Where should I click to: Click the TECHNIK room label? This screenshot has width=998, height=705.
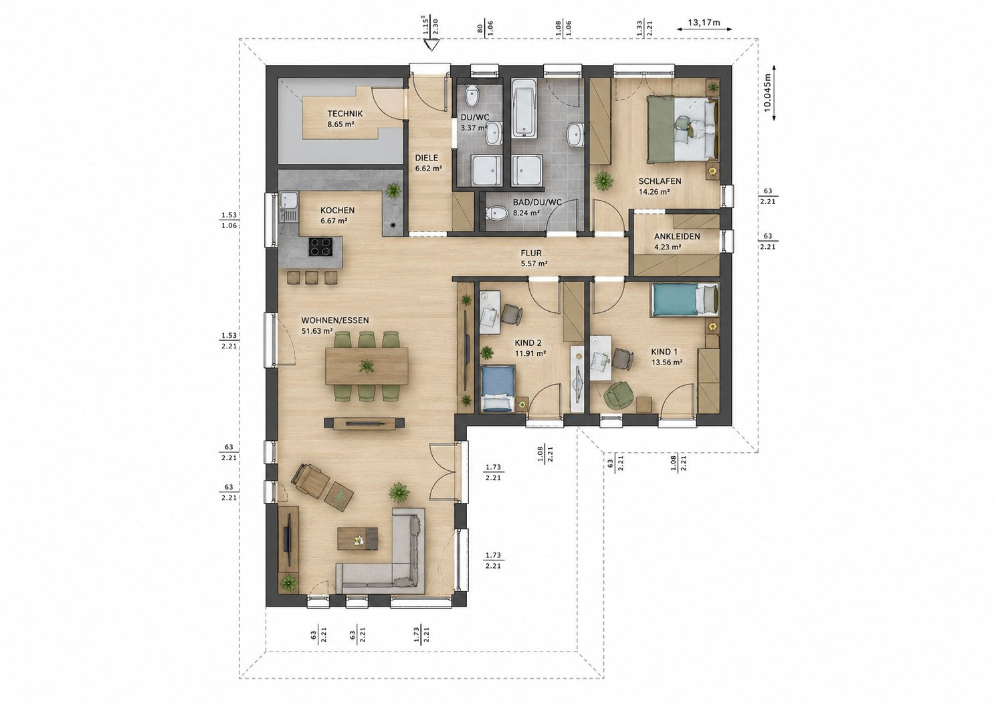click(345, 114)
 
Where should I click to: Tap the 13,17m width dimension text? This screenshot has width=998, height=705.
click(704, 23)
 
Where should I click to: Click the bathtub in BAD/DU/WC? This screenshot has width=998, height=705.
click(524, 108)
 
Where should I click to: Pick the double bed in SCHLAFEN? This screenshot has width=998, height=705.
click(683, 128)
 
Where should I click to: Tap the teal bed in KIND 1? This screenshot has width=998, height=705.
click(685, 300)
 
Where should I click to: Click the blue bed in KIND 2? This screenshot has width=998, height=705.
click(498, 388)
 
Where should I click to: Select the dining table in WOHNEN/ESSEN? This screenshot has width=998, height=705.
click(367, 366)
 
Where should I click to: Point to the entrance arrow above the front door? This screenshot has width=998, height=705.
click(431, 45)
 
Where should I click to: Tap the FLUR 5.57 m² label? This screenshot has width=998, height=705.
click(534, 258)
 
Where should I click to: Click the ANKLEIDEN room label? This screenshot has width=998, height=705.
click(677, 236)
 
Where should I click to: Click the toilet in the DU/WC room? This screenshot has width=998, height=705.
click(472, 96)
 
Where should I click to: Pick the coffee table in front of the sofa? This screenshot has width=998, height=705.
click(358, 538)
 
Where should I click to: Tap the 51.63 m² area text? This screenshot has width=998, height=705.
click(317, 331)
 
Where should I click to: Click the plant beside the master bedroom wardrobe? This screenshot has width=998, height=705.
click(603, 181)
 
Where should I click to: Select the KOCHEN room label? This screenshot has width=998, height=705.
click(337, 210)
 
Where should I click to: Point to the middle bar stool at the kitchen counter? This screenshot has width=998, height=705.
click(311, 277)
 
